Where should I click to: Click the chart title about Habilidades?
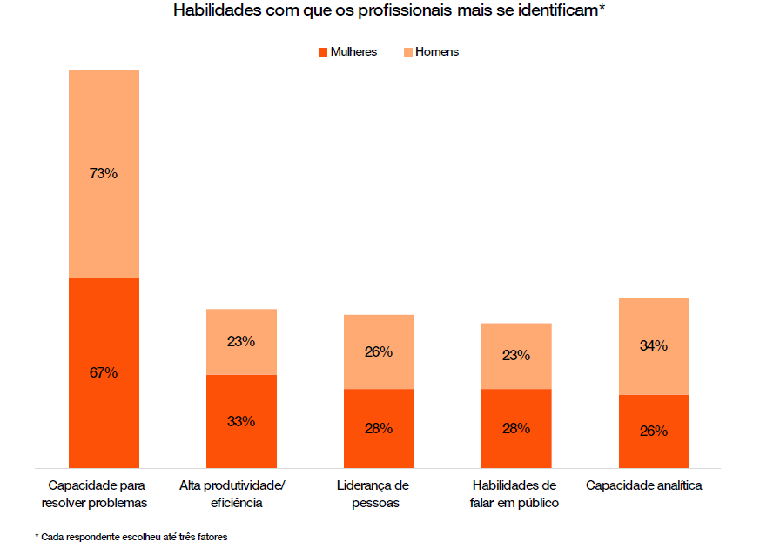[x=389, y=11]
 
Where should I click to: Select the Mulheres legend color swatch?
[x=323, y=52]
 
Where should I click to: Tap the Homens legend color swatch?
[x=407, y=52]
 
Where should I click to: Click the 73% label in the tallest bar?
[x=104, y=173]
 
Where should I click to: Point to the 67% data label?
[x=104, y=372]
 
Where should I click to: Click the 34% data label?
[x=654, y=345]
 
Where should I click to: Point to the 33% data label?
[x=241, y=421]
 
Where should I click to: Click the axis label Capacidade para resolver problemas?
[x=97, y=493]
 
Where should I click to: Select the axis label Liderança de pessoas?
[x=373, y=493]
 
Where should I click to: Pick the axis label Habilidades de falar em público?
[x=514, y=493]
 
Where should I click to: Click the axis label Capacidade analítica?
[x=643, y=485]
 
